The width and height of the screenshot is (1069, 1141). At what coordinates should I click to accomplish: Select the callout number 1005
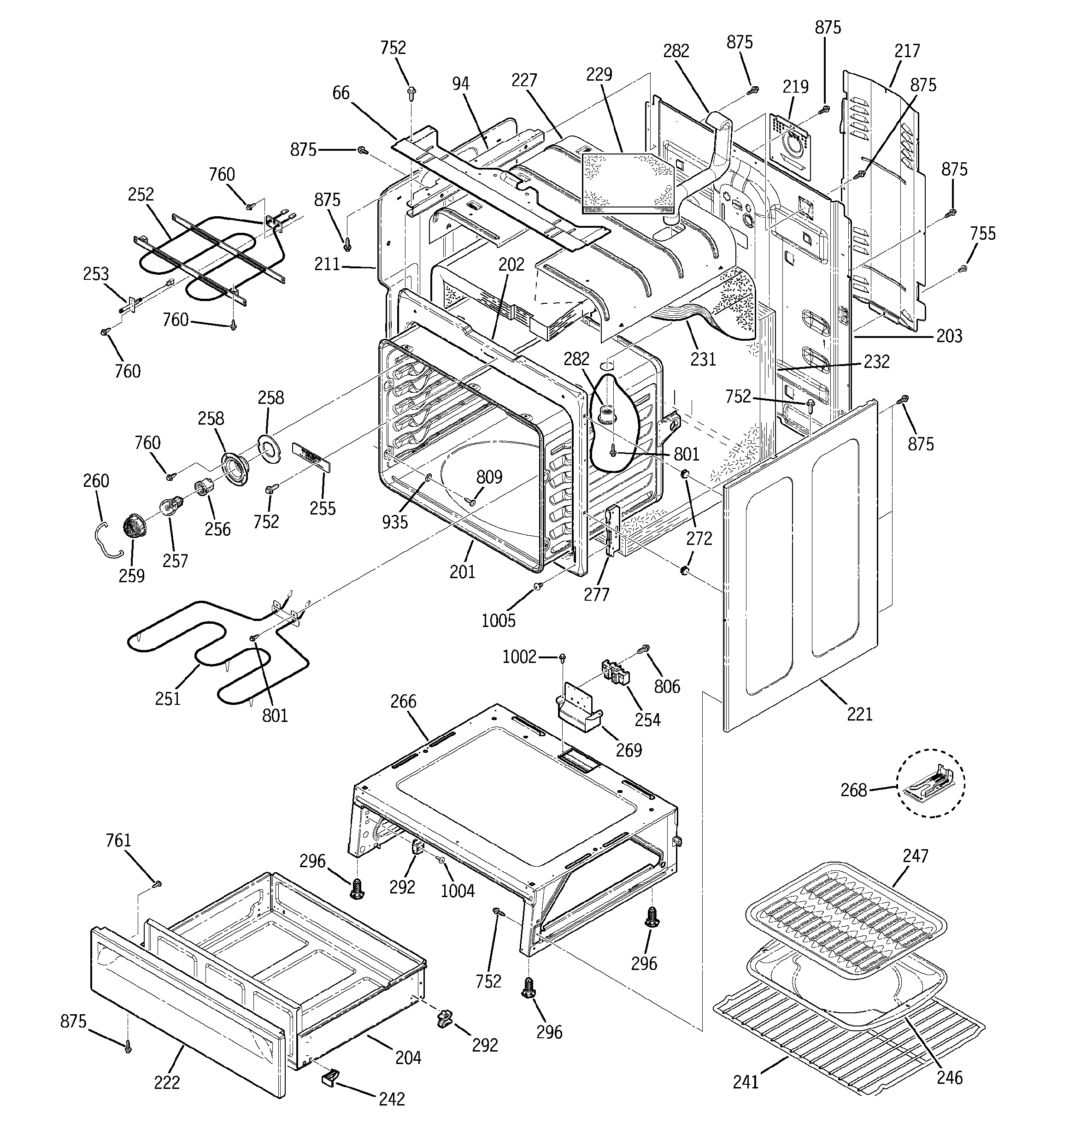tap(498, 620)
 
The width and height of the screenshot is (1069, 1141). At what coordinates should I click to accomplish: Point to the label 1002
tap(519, 656)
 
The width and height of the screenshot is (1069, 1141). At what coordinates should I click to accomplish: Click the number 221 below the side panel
tap(859, 714)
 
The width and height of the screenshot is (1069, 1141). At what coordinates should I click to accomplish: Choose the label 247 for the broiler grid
tap(915, 856)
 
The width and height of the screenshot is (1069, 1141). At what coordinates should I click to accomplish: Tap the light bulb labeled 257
tap(169, 508)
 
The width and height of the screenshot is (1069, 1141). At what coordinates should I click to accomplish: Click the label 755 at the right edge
tap(983, 234)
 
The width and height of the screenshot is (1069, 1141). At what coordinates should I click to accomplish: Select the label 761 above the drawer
tap(118, 840)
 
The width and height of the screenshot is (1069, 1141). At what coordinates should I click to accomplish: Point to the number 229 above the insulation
tap(599, 74)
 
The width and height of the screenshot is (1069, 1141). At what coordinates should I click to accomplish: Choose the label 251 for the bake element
tap(168, 698)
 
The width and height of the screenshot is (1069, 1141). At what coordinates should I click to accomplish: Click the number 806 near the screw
tap(667, 686)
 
